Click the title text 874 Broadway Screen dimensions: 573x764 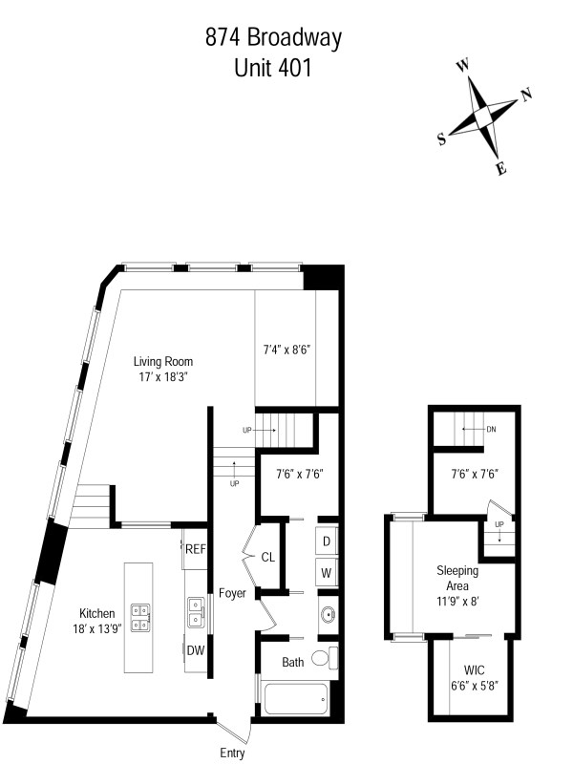273,39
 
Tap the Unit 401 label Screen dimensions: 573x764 273,69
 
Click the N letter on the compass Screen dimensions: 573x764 525,95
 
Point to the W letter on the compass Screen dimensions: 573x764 463,66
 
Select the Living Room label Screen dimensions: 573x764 163,362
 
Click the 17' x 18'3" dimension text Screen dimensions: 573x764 163,377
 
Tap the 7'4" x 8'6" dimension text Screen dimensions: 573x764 286,349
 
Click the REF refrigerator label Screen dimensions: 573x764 196,548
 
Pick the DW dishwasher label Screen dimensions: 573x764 195,650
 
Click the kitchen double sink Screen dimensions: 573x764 198,612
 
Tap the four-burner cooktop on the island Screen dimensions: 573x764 138,618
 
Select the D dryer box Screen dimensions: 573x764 327,541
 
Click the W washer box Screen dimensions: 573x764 327,574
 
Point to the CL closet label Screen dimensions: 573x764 268,557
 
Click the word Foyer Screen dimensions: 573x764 232,593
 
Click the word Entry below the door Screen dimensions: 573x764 232,753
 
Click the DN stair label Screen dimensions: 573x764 491,429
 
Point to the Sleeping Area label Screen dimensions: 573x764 457,579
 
